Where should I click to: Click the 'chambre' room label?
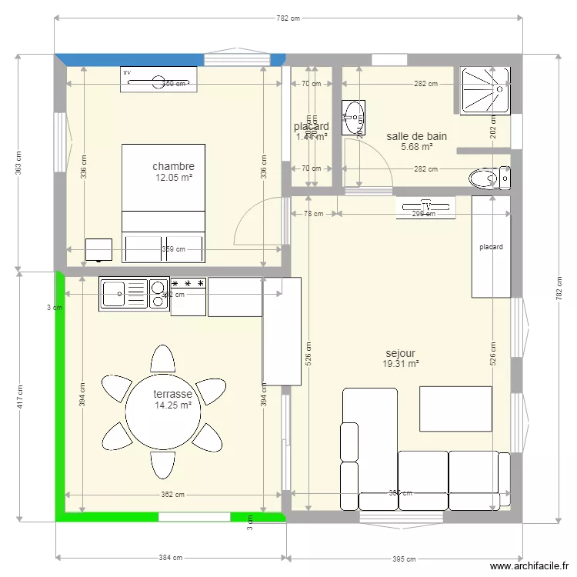pos(173,166)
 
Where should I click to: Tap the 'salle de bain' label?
pos(416,136)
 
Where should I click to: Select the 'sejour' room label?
pos(400,354)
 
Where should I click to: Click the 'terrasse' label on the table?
pos(172,394)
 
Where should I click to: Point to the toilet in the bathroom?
pos(489,178)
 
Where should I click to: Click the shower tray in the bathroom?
pos(485,89)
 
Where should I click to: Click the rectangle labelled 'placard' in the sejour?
pos(491,246)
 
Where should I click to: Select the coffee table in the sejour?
pos(455,409)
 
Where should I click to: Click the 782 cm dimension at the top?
pos(288,18)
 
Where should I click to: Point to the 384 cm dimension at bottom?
pos(171,558)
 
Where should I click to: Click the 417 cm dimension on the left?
pos(19,397)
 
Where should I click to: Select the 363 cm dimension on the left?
pos(19,162)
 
